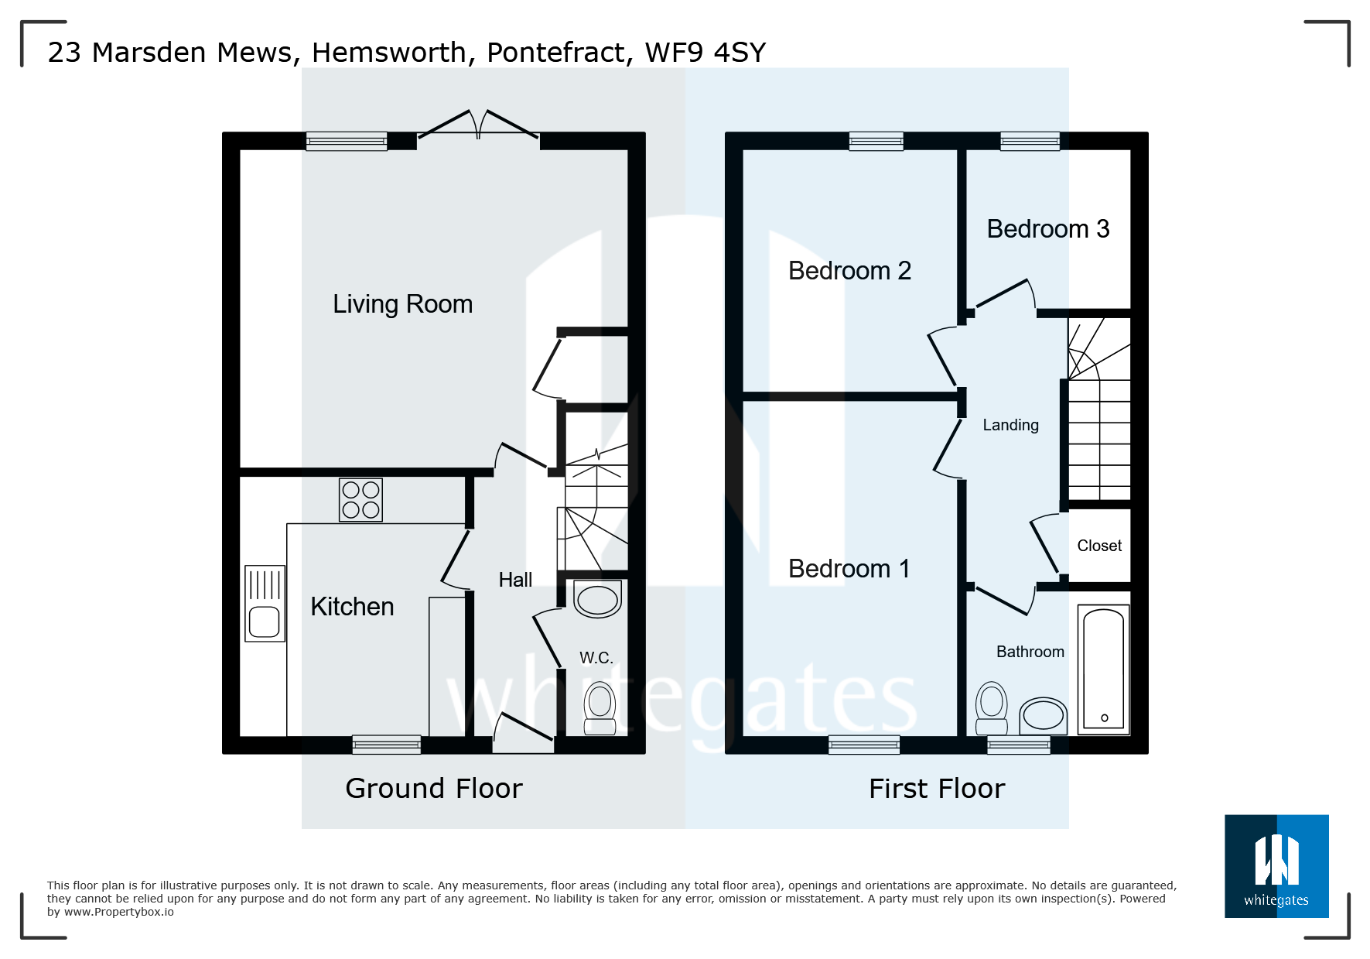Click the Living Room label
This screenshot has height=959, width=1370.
tap(402, 304)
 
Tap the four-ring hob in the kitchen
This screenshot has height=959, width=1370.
tap(360, 500)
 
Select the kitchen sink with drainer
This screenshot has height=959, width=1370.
tap(265, 604)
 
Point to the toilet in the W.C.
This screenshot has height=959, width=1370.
tap(600, 707)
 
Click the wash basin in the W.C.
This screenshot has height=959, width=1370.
tap(598, 598)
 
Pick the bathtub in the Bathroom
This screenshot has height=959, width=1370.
tap(1104, 669)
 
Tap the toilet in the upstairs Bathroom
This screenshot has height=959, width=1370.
tap(992, 707)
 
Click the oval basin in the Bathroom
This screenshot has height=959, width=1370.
tap(1044, 715)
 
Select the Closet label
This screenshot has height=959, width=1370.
tap(1099, 546)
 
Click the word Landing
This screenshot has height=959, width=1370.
tap(1010, 425)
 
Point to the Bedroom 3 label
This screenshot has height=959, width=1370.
tap(1048, 229)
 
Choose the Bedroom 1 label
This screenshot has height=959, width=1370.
tap(849, 569)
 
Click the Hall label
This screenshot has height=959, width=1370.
tap(515, 580)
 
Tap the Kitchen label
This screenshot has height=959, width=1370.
tap(352, 607)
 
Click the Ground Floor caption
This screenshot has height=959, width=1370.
tap(434, 788)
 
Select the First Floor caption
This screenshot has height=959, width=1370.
tap(937, 788)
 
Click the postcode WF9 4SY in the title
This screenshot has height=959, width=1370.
tap(705, 53)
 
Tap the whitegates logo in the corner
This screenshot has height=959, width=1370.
tap(1276, 866)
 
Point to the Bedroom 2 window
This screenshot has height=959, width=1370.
tap(876, 141)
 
